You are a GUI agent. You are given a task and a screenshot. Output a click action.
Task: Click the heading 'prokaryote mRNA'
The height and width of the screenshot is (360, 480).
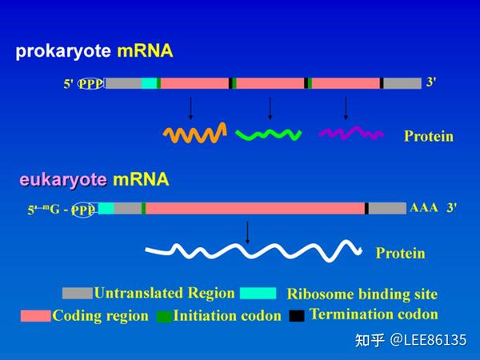[94, 52]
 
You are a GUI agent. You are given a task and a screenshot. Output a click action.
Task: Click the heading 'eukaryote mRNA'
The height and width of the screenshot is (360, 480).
[94, 179]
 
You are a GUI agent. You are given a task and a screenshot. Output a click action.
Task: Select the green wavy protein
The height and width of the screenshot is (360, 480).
[269, 134]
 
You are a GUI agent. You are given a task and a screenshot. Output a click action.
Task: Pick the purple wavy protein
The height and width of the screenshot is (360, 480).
[350, 133]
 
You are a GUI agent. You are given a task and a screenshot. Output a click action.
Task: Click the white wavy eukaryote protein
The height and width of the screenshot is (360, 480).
[254, 252]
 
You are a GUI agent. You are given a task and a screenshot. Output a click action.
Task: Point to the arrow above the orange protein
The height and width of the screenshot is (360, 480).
[190, 108]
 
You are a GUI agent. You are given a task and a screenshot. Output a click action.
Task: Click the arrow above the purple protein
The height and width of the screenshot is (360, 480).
[346, 108]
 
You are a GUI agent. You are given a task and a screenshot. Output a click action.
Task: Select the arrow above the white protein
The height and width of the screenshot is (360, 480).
[247, 232]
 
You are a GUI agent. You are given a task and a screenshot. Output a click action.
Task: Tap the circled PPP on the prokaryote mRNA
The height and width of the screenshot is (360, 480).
[90, 83]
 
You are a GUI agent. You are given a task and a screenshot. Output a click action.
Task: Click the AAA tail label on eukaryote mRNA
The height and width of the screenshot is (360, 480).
[423, 207]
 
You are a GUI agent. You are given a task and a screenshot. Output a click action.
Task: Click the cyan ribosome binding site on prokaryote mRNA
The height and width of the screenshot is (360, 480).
[149, 83]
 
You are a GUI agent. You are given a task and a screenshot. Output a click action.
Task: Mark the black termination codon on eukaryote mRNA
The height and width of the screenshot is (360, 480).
[366, 209]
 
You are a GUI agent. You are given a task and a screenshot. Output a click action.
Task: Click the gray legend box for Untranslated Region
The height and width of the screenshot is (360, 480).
[78, 293]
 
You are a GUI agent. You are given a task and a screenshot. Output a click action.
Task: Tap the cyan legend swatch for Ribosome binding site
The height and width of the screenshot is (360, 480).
[258, 293]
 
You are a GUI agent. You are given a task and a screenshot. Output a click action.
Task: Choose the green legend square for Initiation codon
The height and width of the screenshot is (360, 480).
[164, 316]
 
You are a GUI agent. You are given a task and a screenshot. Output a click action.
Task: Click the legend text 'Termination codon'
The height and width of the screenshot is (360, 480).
[374, 314]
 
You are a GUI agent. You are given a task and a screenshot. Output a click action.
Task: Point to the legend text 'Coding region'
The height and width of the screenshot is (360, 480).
[101, 315]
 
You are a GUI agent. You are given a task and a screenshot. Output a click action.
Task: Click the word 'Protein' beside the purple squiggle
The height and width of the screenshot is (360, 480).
[428, 136]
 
